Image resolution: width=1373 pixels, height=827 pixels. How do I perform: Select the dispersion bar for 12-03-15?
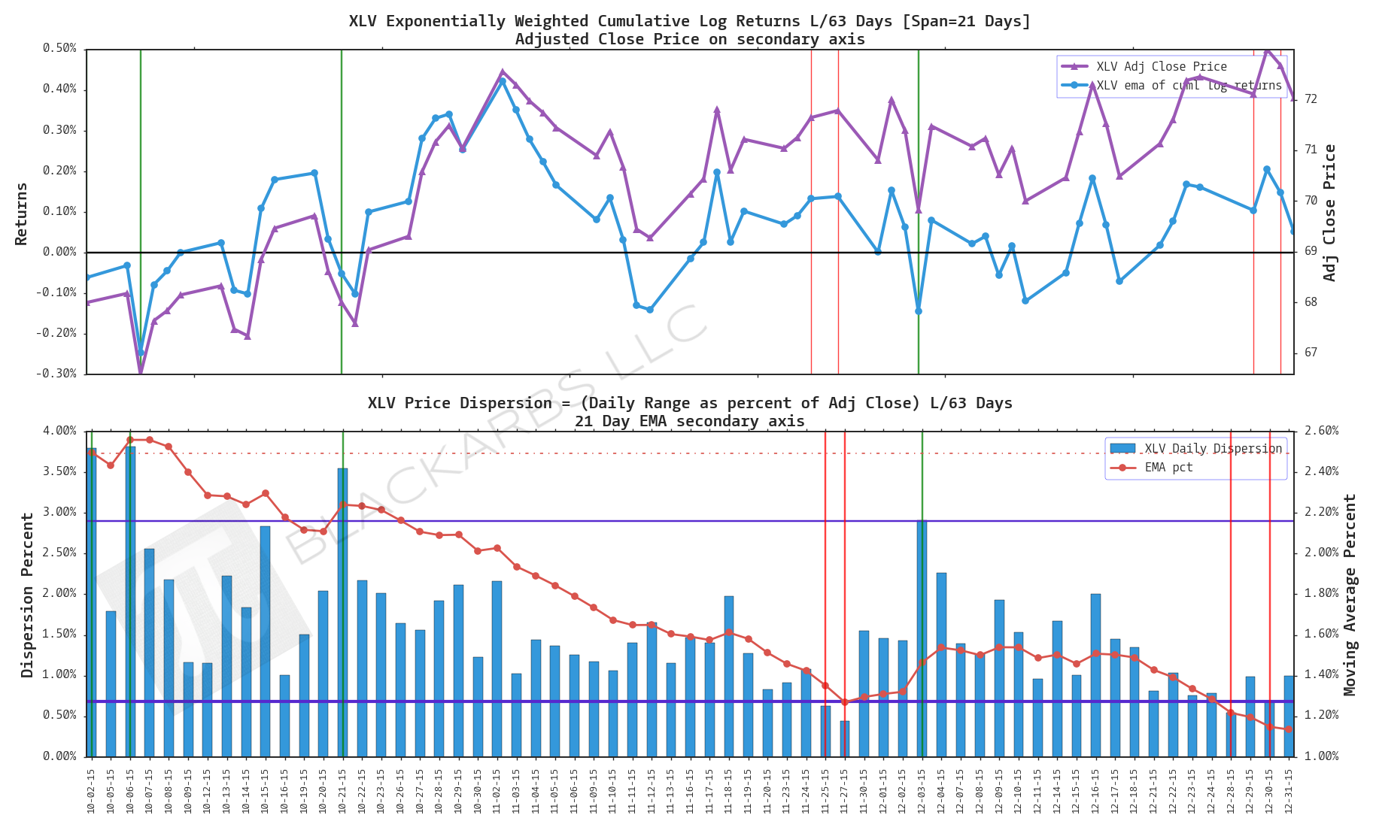point(922,639)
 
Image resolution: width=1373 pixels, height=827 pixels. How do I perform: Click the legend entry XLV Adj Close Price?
point(1161,67)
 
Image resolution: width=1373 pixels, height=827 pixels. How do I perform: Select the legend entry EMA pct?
point(1168,468)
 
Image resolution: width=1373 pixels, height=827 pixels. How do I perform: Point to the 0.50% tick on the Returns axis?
point(59,48)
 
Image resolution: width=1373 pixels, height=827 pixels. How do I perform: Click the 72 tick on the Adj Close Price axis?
point(1311,99)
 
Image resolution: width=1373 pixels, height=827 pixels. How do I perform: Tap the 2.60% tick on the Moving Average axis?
point(1321,431)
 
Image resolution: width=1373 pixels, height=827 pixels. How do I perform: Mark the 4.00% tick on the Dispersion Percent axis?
point(59,431)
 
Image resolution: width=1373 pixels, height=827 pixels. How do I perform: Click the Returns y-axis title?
point(21,214)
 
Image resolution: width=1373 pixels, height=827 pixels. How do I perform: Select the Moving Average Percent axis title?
point(1350,594)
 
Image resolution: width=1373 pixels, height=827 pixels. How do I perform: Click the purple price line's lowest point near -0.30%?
point(141,371)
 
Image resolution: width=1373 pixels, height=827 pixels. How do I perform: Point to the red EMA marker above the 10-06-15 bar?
point(130,440)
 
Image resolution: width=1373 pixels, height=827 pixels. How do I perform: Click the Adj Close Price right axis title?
point(1329,214)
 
